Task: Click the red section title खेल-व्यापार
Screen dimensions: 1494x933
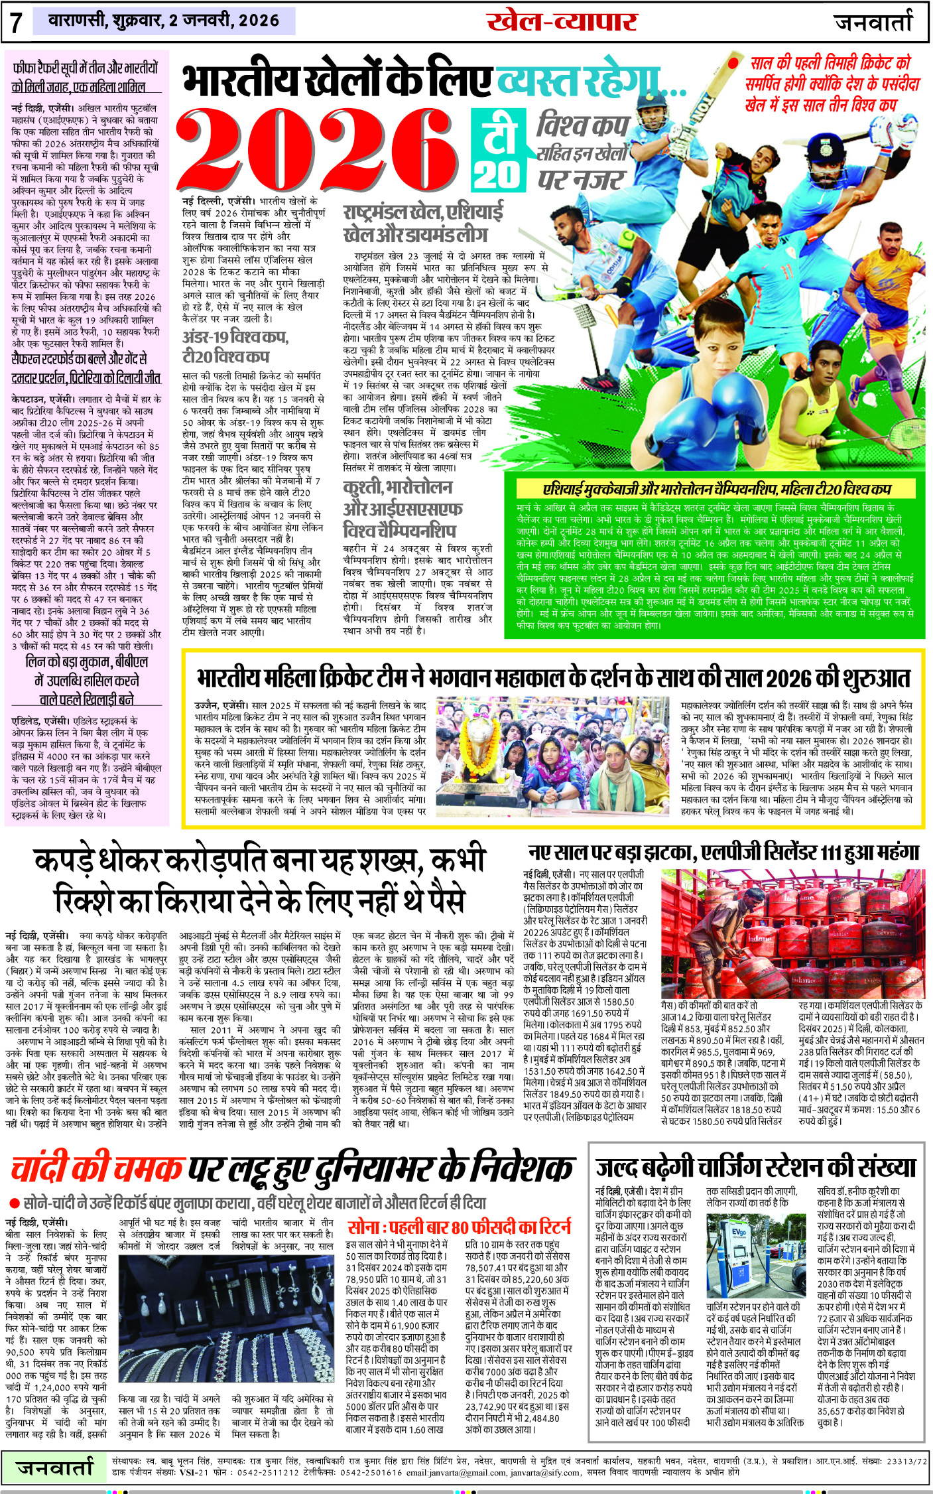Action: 562,23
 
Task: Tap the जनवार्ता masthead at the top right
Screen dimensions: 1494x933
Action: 873,23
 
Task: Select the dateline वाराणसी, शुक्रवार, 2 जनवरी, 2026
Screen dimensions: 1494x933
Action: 164,21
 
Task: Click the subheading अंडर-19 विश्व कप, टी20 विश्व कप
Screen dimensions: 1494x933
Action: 235,346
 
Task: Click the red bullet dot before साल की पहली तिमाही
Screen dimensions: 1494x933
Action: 733,64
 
